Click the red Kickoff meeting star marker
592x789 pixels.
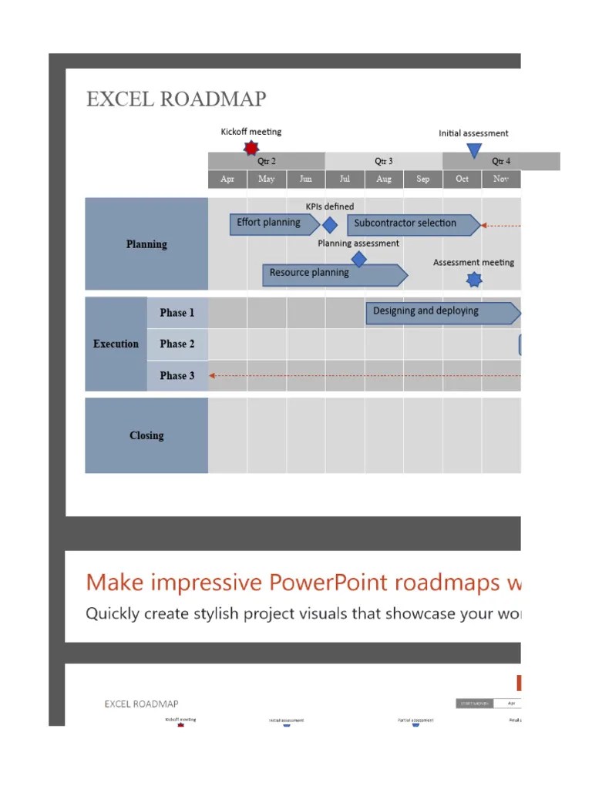coord(251,147)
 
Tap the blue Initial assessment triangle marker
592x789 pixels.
coord(474,149)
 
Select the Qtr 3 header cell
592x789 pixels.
coord(384,161)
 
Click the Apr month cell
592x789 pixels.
coord(227,179)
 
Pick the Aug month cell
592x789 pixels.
coord(384,179)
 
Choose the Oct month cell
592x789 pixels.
coord(462,179)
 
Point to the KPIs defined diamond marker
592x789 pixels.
coord(329,225)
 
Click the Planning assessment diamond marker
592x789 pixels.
coord(358,259)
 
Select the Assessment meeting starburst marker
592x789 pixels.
coord(474,279)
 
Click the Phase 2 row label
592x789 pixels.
coord(177,344)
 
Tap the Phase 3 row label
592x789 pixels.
coord(177,375)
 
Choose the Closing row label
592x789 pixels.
coord(146,435)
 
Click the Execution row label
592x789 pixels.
coord(116,344)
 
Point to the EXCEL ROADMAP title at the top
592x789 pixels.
coord(176,99)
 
